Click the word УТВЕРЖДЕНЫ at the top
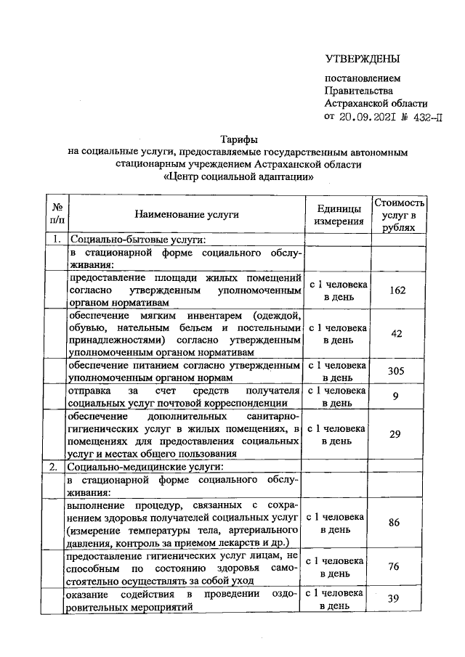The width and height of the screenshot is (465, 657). point(363,59)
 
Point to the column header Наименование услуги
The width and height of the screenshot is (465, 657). point(186,214)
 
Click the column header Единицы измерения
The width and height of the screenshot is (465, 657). point(338,215)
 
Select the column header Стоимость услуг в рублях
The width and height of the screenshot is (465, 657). point(400,214)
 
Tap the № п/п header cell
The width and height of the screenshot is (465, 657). point(57,214)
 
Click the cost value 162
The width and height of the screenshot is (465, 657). point(397,290)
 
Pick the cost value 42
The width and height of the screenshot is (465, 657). point(397,333)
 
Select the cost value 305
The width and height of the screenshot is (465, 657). point(397,371)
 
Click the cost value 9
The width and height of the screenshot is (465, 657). point(397,396)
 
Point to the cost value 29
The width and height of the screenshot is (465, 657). point(397,434)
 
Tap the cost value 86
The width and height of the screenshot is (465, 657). point(397,522)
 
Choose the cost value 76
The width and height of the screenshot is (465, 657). point(397,567)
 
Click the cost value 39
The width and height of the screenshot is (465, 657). point(397,599)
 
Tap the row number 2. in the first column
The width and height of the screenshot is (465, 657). point(54,467)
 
